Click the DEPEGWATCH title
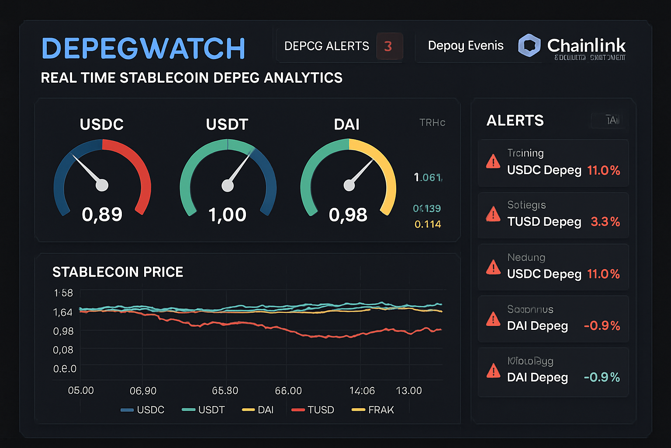[x=143, y=48]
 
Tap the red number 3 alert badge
[x=388, y=46]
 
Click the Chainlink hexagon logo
[x=529, y=45]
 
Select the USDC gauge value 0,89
[x=102, y=214]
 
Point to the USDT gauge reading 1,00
[x=227, y=215]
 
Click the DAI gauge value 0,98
[x=348, y=215]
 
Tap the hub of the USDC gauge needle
[x=102, y=185]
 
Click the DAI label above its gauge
[x=346, y=125]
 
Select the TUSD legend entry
[x=313, y=410]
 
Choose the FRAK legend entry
[x=373, y=410]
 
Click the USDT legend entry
[x=204, y=410]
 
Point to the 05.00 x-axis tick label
[x=81, y=390]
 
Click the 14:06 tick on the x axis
[x=362, y=391]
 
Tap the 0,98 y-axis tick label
[x=63, y=331]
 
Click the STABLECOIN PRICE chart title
[x=118, y=272]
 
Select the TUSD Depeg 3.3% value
[x=605, y=222]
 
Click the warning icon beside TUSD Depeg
[x=493, y=214]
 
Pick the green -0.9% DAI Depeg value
[x=602, y=377]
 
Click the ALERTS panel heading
[x=515, y=120]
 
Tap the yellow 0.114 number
[x=428, y=224]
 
